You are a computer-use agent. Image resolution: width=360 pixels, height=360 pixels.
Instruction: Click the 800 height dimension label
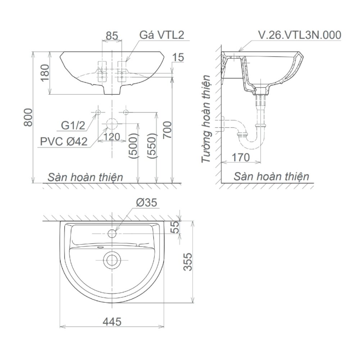coord(28,117)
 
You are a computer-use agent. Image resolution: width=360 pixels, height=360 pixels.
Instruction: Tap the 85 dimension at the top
coord(112,36)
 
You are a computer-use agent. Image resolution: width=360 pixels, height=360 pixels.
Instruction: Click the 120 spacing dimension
coord(112,137)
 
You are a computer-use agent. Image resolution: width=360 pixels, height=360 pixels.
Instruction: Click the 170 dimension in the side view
coord(240,157)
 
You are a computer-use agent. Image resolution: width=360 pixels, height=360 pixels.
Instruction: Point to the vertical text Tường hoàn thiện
coord(206,119)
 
